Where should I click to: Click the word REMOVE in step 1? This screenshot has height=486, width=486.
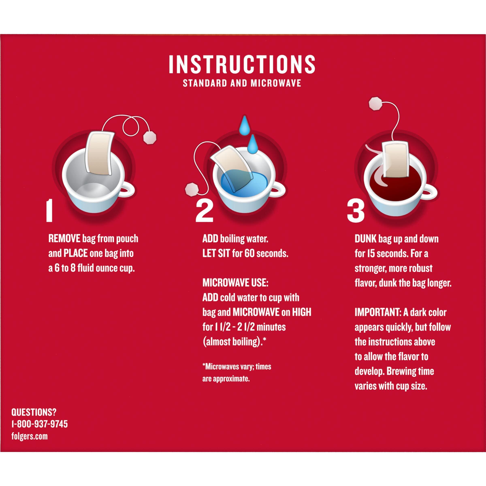[64, 239]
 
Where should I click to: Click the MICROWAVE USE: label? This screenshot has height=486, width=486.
[236, 283]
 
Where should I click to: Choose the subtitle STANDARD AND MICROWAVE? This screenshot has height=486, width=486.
[242, 83]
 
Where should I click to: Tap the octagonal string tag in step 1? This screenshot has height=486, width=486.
[150, 137]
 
